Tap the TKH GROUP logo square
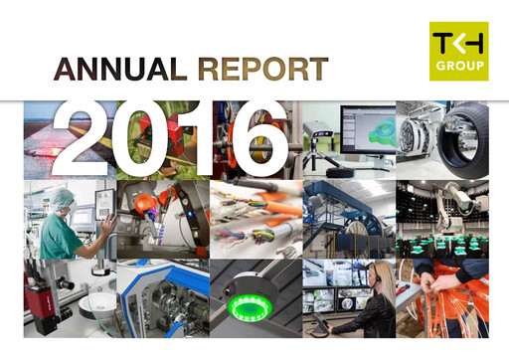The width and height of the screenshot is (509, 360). coord(458,52)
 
